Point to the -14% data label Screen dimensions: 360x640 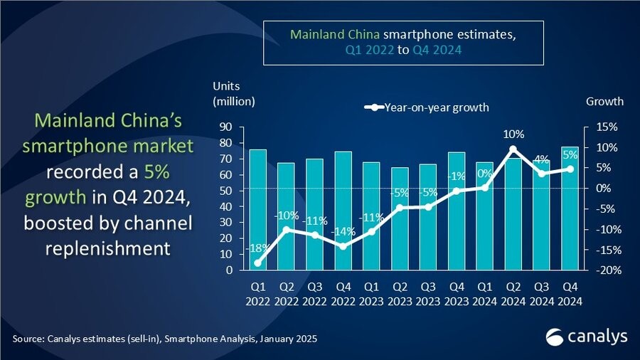tap(343, 231)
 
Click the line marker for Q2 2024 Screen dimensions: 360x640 tap(513, 149)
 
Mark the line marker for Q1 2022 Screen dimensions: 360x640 tap(258, 263)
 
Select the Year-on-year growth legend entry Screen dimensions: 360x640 tap(427, 107)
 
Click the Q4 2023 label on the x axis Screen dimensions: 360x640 tap(456, 295)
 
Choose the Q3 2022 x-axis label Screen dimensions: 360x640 tap(314, 295)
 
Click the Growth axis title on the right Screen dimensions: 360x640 tap(604, 101)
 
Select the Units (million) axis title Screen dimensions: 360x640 tap(233, 94)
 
